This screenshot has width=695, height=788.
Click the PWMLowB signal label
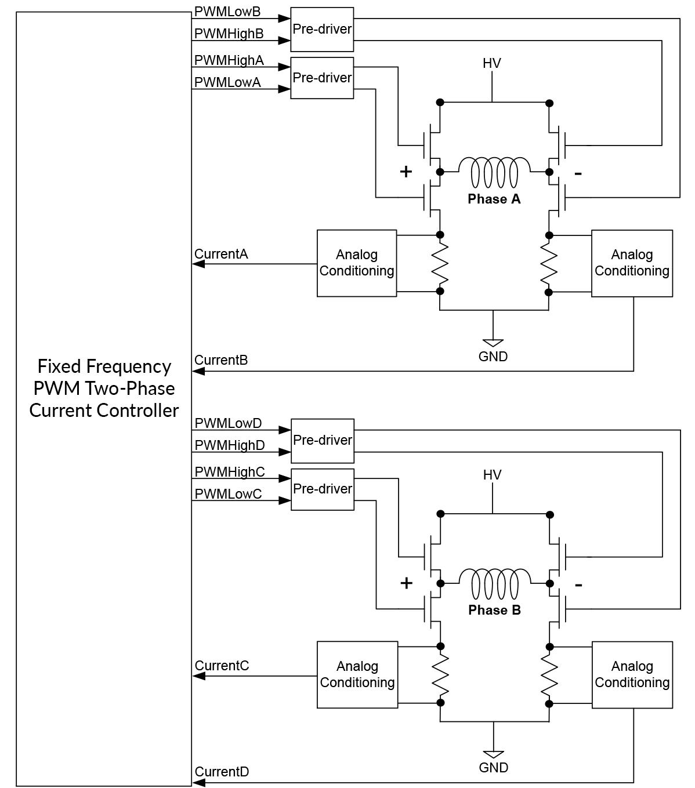(x=227, y=12)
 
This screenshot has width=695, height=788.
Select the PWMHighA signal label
(x=229, y=60)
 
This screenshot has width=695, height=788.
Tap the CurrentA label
(x=221, y=254)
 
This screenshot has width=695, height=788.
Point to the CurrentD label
(x=222, y=772)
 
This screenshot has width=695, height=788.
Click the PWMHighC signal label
(x=230, y=472)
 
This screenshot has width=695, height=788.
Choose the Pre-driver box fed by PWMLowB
(x=322, y=30)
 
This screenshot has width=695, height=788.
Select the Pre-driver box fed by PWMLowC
(x=322, y=489)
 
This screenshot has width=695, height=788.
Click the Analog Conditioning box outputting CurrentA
(x=357, y=263)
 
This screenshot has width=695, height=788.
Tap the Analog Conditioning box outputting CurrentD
(x=632, y=674)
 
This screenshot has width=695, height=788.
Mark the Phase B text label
(x=494, y=610)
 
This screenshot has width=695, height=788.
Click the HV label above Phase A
(x=491, y=63)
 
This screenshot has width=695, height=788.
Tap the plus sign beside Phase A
(x=406, y=172)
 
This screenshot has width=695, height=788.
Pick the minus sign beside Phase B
(x=578, y=584)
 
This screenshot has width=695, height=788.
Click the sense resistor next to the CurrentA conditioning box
(x=440, y=263)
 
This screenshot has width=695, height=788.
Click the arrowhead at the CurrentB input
(x=198, y=371)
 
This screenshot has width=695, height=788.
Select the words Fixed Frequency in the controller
(x=104, y=366)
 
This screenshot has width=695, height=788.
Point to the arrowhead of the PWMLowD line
(x=284, y=430)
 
